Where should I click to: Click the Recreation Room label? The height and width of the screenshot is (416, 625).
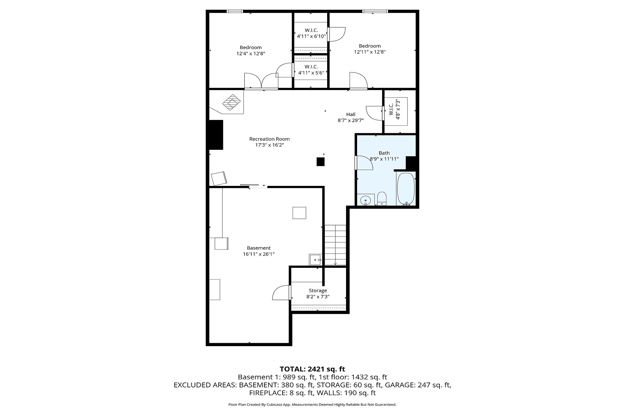click(x=269, y=139)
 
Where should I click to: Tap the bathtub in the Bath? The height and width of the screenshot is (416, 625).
click(x=406, y=188)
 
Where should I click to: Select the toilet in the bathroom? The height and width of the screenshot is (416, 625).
click(x=382, y=199)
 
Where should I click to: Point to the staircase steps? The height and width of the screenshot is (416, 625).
click(x=335, y=245)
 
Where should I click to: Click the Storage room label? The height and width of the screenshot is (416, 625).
click(x=318, y=291)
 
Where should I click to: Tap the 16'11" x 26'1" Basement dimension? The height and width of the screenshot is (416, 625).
click(x=259, y=254)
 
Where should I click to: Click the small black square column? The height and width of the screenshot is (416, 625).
click(x=321, y=162)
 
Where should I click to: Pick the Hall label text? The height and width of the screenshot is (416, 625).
click(x=351, y=114)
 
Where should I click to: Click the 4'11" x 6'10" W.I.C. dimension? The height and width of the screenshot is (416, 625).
click(x=311, y=36)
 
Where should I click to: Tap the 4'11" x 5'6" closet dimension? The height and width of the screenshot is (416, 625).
click(x=311, y=73)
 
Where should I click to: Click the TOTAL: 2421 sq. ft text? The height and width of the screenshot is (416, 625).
click(x=312, y=369)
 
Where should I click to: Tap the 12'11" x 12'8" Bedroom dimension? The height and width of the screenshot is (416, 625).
click(x=370, y=52)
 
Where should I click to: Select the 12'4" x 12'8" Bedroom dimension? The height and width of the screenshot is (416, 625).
click(x=251, y=53)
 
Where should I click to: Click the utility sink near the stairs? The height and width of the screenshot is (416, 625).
click(x=315, y=260)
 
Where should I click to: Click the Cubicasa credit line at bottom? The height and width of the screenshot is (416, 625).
click(x=312, y=405)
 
